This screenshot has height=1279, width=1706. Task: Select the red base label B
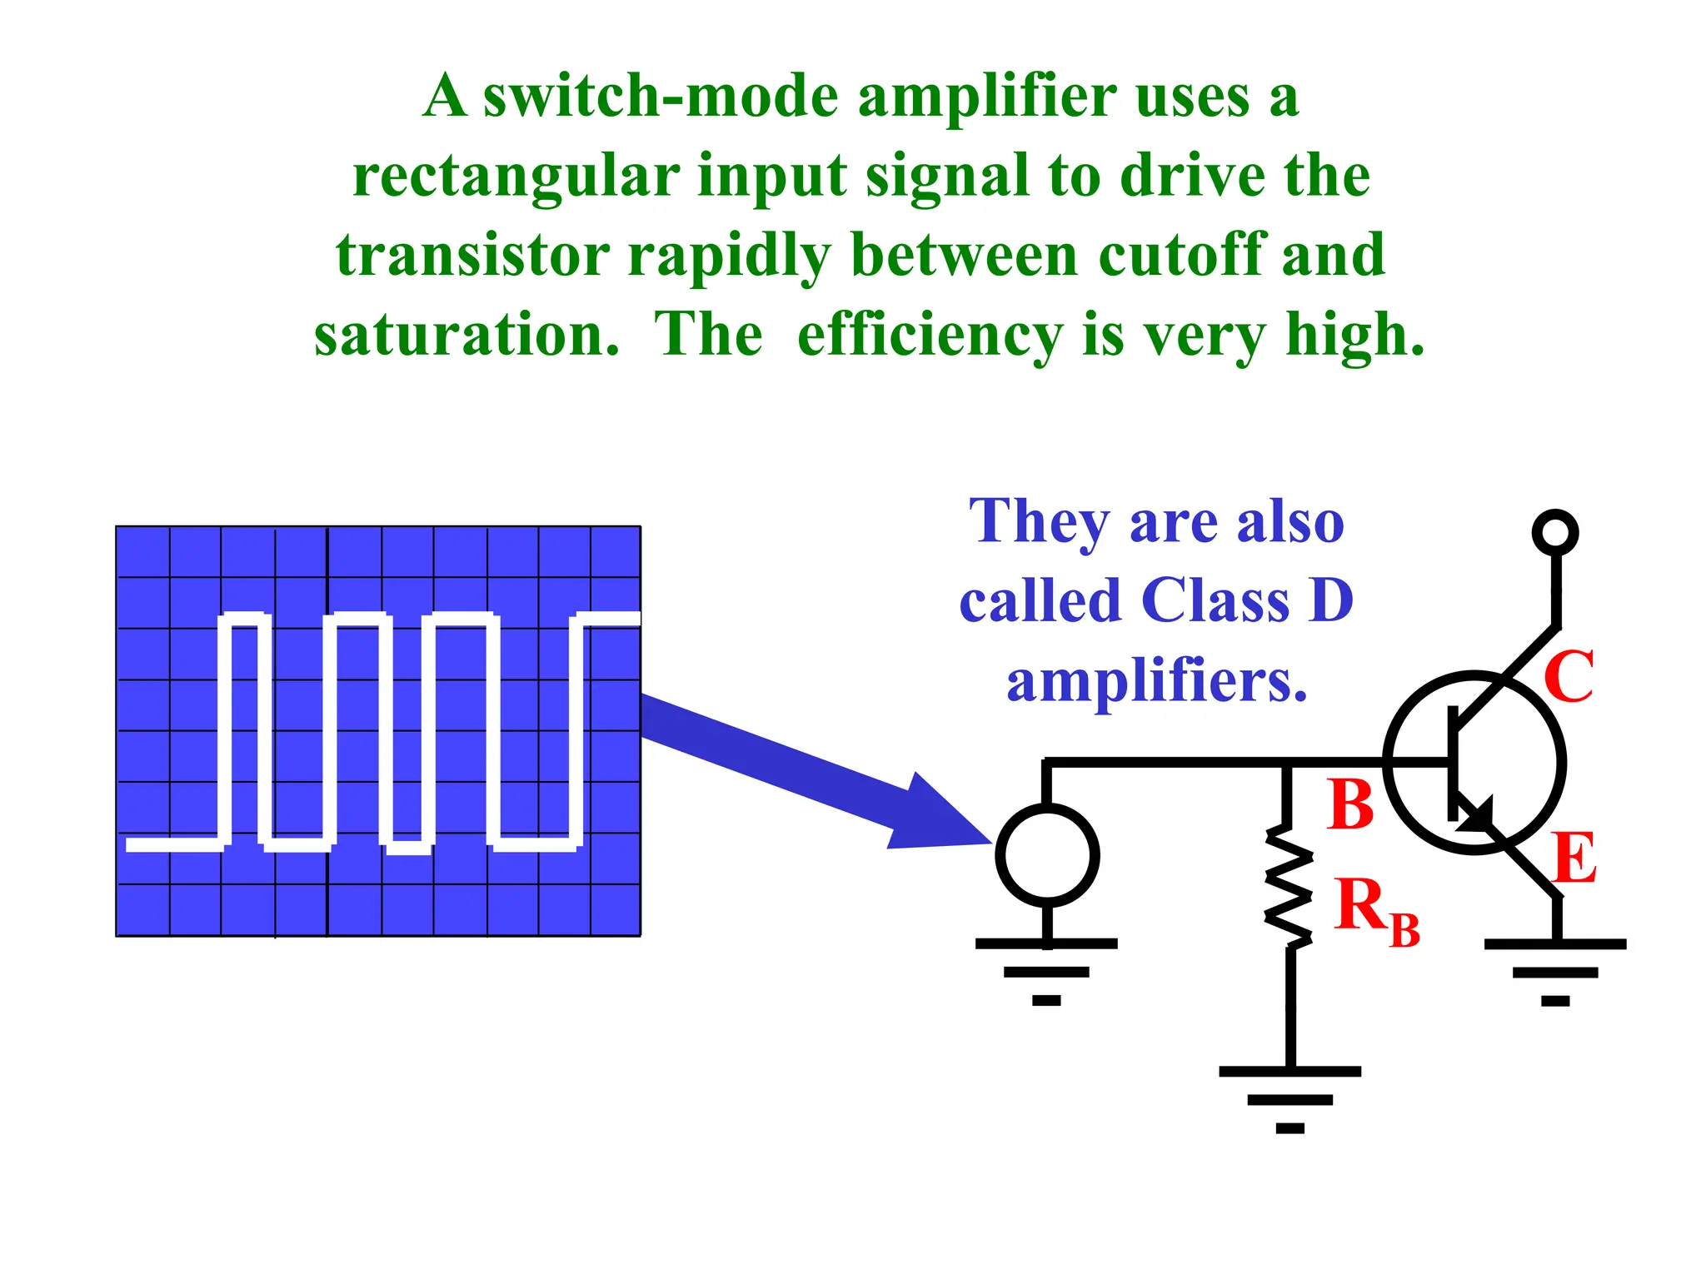click(x=1350, y=805)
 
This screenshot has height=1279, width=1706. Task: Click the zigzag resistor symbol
click(x=1289, y=886)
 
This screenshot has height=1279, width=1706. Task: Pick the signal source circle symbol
click(x=1047, y=855)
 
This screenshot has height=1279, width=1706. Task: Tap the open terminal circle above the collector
click(x=1555, y=532)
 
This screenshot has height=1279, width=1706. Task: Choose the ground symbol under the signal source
click(x=1046, y=971)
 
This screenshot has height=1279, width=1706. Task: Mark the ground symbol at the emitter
click(x=1555, y=971)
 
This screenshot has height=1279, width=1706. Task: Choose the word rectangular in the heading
click(x=516, y=177)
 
